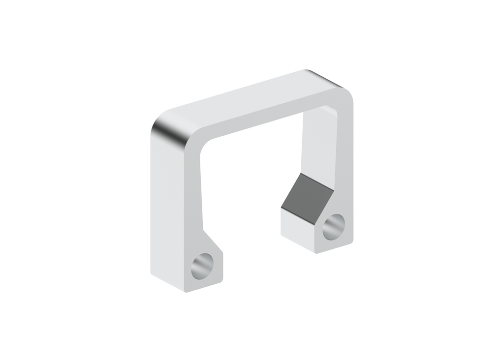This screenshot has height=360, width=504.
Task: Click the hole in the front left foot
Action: [203, 266]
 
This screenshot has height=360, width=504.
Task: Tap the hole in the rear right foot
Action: [334, 227]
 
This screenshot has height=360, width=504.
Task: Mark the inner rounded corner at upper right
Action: [331, 109]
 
